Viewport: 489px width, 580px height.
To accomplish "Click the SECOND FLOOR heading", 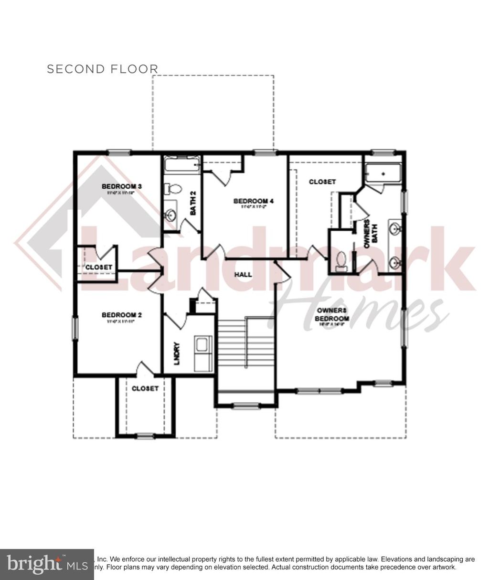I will [102, 69].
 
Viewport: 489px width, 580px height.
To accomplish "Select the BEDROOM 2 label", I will [122, 315].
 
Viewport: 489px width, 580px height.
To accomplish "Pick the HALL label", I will [243, 275].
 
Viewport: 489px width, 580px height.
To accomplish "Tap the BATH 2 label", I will [193, 203].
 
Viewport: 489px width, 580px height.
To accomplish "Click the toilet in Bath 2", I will [173, 189].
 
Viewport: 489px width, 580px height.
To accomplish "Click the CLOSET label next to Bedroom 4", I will [322, 182].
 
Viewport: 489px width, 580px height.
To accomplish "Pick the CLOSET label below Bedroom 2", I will [145, 388].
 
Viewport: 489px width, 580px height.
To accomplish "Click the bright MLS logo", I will [47, 565].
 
